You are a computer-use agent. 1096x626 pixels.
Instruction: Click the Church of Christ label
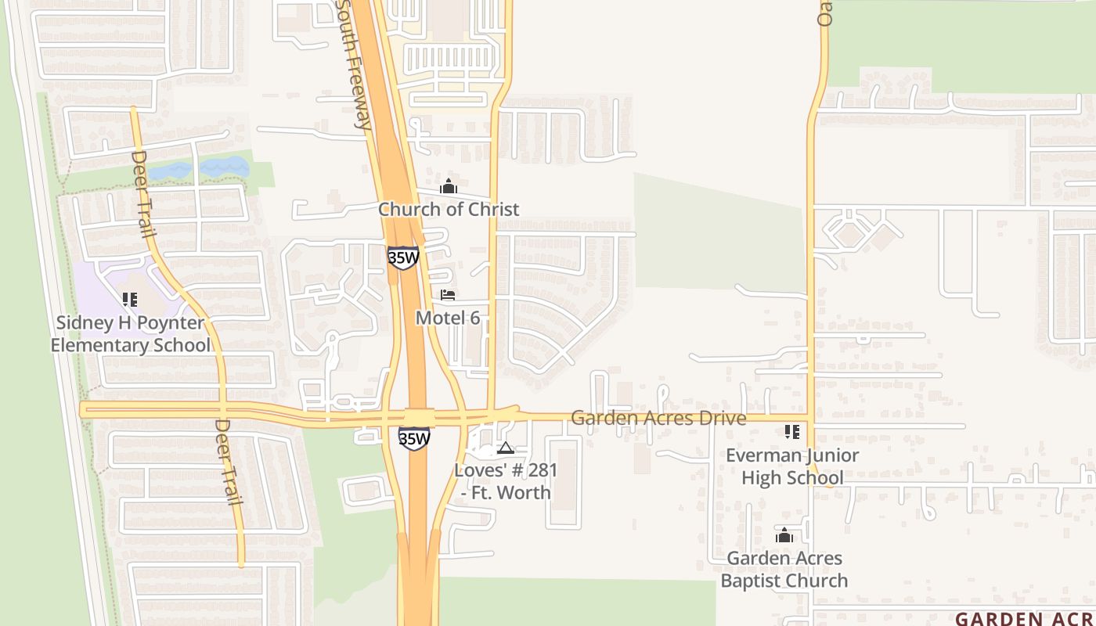[x=449, y=209]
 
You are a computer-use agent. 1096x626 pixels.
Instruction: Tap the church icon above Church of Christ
[x=449, y=186]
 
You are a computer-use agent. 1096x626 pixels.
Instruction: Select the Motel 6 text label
[x=447, y=318]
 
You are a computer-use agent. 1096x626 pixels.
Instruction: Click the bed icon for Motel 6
[x=448, y=295]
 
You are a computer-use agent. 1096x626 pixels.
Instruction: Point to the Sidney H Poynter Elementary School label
[x=130, y=334]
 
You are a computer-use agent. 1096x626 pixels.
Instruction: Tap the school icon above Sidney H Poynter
[x=130, y=299]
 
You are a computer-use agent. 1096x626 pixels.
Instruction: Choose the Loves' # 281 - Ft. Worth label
[x=506, y=481]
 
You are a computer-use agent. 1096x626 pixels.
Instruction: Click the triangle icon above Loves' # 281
[x=506, y=448]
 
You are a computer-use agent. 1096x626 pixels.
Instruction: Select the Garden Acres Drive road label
[x=658, y=418]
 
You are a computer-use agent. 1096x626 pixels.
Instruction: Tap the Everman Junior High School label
[x=792, y=466]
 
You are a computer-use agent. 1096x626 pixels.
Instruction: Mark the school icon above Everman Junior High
[x=792, y=432]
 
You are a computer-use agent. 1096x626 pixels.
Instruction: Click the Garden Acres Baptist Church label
[x=784, y=569]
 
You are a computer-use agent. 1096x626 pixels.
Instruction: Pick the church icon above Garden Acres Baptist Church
[x=784, y=535]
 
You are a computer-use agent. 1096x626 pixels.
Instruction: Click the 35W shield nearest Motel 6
[x=402, y=257]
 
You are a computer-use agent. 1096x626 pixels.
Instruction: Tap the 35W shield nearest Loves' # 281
[x=413, y=438]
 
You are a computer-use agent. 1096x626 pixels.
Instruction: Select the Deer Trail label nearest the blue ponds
[x=141, y=194]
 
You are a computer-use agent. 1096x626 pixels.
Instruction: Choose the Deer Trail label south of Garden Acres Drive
[x=227, y=462]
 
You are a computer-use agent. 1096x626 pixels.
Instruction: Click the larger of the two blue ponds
[x=224, y=167]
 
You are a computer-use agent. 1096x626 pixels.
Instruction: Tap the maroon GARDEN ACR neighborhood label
[x=1025, y=618]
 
